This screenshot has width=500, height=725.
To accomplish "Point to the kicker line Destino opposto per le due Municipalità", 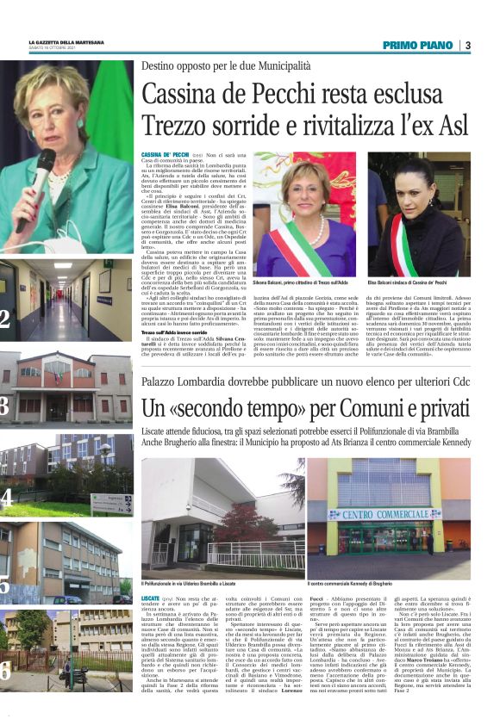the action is (x=226, y=66).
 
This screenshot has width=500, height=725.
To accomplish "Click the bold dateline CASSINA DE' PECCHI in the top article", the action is (x=165, y=155).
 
